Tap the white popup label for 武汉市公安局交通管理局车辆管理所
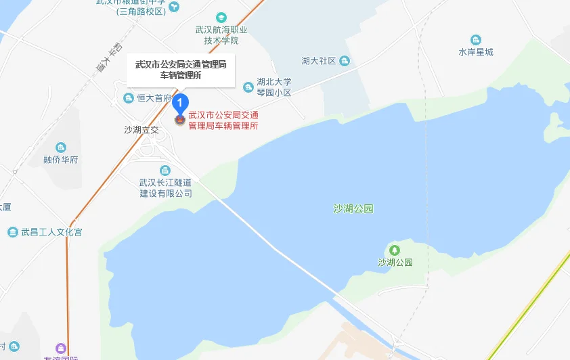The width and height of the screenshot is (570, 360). (x=180, y=70)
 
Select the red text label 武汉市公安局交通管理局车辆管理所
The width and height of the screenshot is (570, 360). (x=223, y=120)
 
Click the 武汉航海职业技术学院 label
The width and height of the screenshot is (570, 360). (x=221, y=35)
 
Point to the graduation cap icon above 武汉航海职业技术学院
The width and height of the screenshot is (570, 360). (x=221, y=17)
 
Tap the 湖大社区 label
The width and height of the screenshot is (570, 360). (x=320, y=61)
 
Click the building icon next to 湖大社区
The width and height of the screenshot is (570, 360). (x=345, y=61)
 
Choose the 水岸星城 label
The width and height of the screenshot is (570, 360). (x=475, y=52)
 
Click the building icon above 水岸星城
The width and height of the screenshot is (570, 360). (x=475, y=39)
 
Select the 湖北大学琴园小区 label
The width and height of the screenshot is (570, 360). (x=273, y=87)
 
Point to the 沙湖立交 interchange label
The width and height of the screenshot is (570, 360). (x=141, y=130)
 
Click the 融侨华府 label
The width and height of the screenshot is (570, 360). (x=61, y=160)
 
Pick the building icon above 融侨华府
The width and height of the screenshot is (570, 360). (x=61, y=148)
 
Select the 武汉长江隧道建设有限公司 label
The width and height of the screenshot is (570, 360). (x=165, y=187)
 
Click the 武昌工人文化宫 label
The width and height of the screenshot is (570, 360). (x=51, y=232)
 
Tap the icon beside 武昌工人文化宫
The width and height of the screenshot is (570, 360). (x=13, y=232)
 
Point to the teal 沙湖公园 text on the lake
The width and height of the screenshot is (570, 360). (x=353, y=209)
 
